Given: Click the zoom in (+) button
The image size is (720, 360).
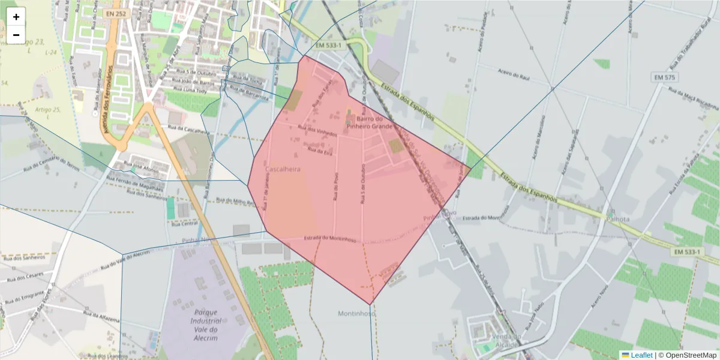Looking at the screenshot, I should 16,17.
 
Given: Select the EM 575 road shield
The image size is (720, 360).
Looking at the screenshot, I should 665,77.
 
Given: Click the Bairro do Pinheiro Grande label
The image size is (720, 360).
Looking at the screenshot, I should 370,122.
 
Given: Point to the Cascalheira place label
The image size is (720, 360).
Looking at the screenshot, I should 283,170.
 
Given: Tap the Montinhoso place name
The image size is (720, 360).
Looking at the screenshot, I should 356,313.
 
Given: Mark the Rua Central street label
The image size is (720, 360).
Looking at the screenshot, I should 185,223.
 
